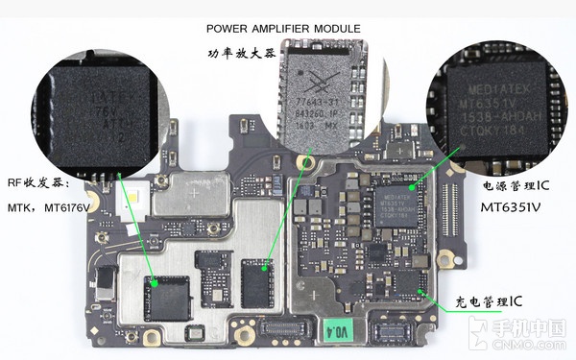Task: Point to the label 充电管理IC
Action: tap(489, 302)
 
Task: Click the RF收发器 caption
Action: tap(37, 180)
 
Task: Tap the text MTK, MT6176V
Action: tap(48, 207)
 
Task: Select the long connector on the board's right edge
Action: tap(446, 203)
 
